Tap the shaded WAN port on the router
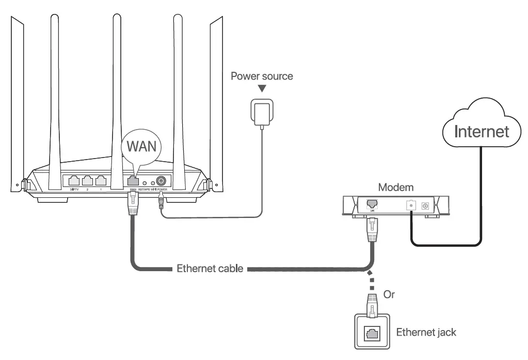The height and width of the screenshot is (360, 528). pyautogui.click(x=132, y=181)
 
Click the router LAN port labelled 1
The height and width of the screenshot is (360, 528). pyautogui.click(x=101, y=181)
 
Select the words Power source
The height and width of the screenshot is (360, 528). pyautogui.click(x=261, y=76)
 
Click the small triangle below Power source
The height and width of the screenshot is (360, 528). pyautogui.click(x=262, y=89)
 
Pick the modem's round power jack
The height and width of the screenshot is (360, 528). pyautogui.click(x=425, y=206)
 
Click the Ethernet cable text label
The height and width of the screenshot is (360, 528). pyautogui.click(x=210, y=269)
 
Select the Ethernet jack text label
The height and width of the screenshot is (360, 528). pyautogui.click(x=426, y=332)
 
